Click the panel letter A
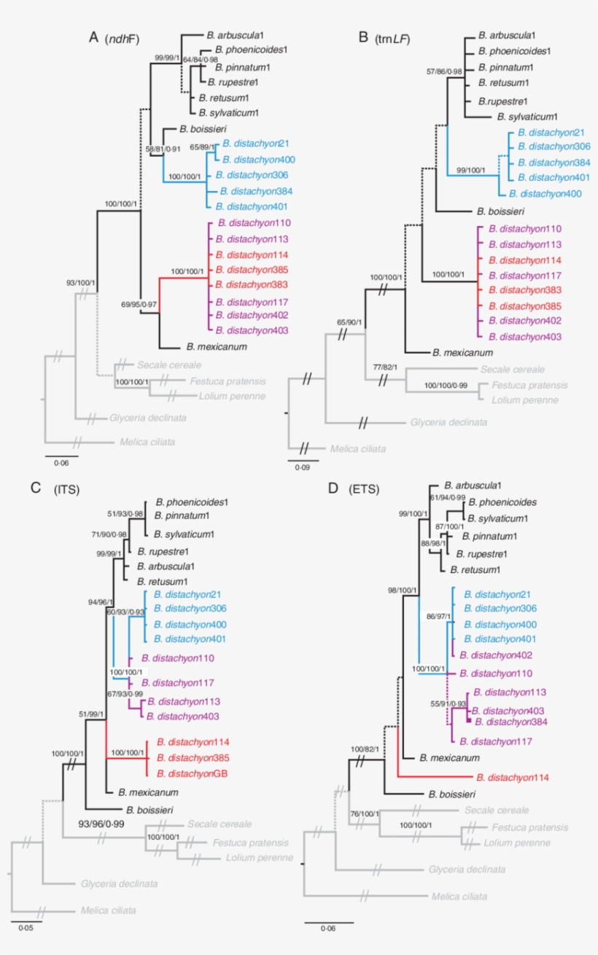click(93, 36)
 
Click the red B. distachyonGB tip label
click(191, 773)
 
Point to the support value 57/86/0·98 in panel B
click(445, 71)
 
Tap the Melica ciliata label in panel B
click(357, 449)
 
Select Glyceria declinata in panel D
click(467, 869)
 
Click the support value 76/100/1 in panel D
click(368, 814)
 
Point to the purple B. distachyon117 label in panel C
click(175, 683)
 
